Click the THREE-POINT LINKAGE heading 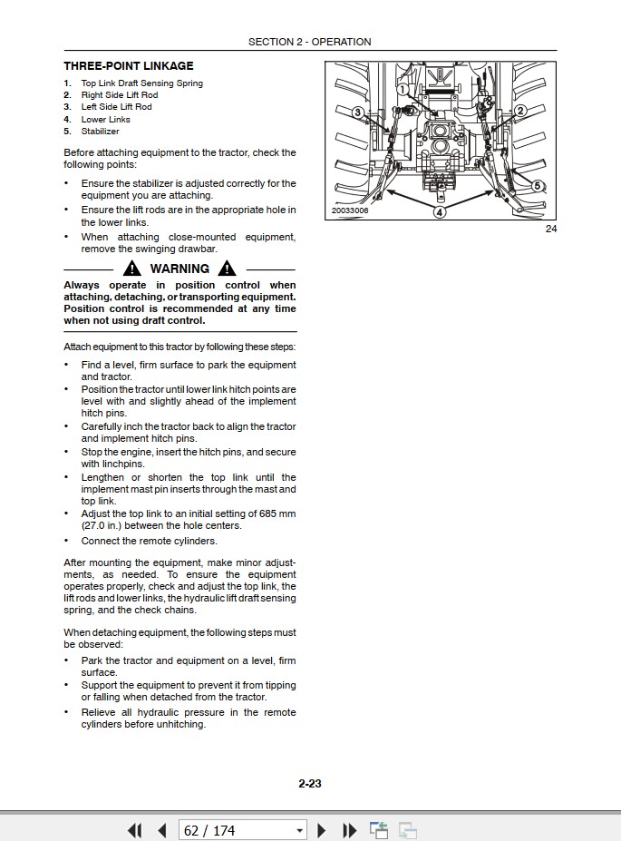(128, 65)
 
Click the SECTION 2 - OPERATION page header (309, 42)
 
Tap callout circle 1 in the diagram (403, 90)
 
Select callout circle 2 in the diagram (520, 111)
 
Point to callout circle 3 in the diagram (357, 112)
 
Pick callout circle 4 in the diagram (439, 212)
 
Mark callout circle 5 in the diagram (537, 186)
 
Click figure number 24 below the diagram (550, 229)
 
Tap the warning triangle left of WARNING (133, 269)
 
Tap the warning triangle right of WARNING (227, 269)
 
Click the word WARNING (180, 269)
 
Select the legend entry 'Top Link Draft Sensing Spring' (141, 83)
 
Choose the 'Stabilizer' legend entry (100, 132)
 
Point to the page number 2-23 (310, 784)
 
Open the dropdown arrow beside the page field (300, 830)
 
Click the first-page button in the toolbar (135, 830)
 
